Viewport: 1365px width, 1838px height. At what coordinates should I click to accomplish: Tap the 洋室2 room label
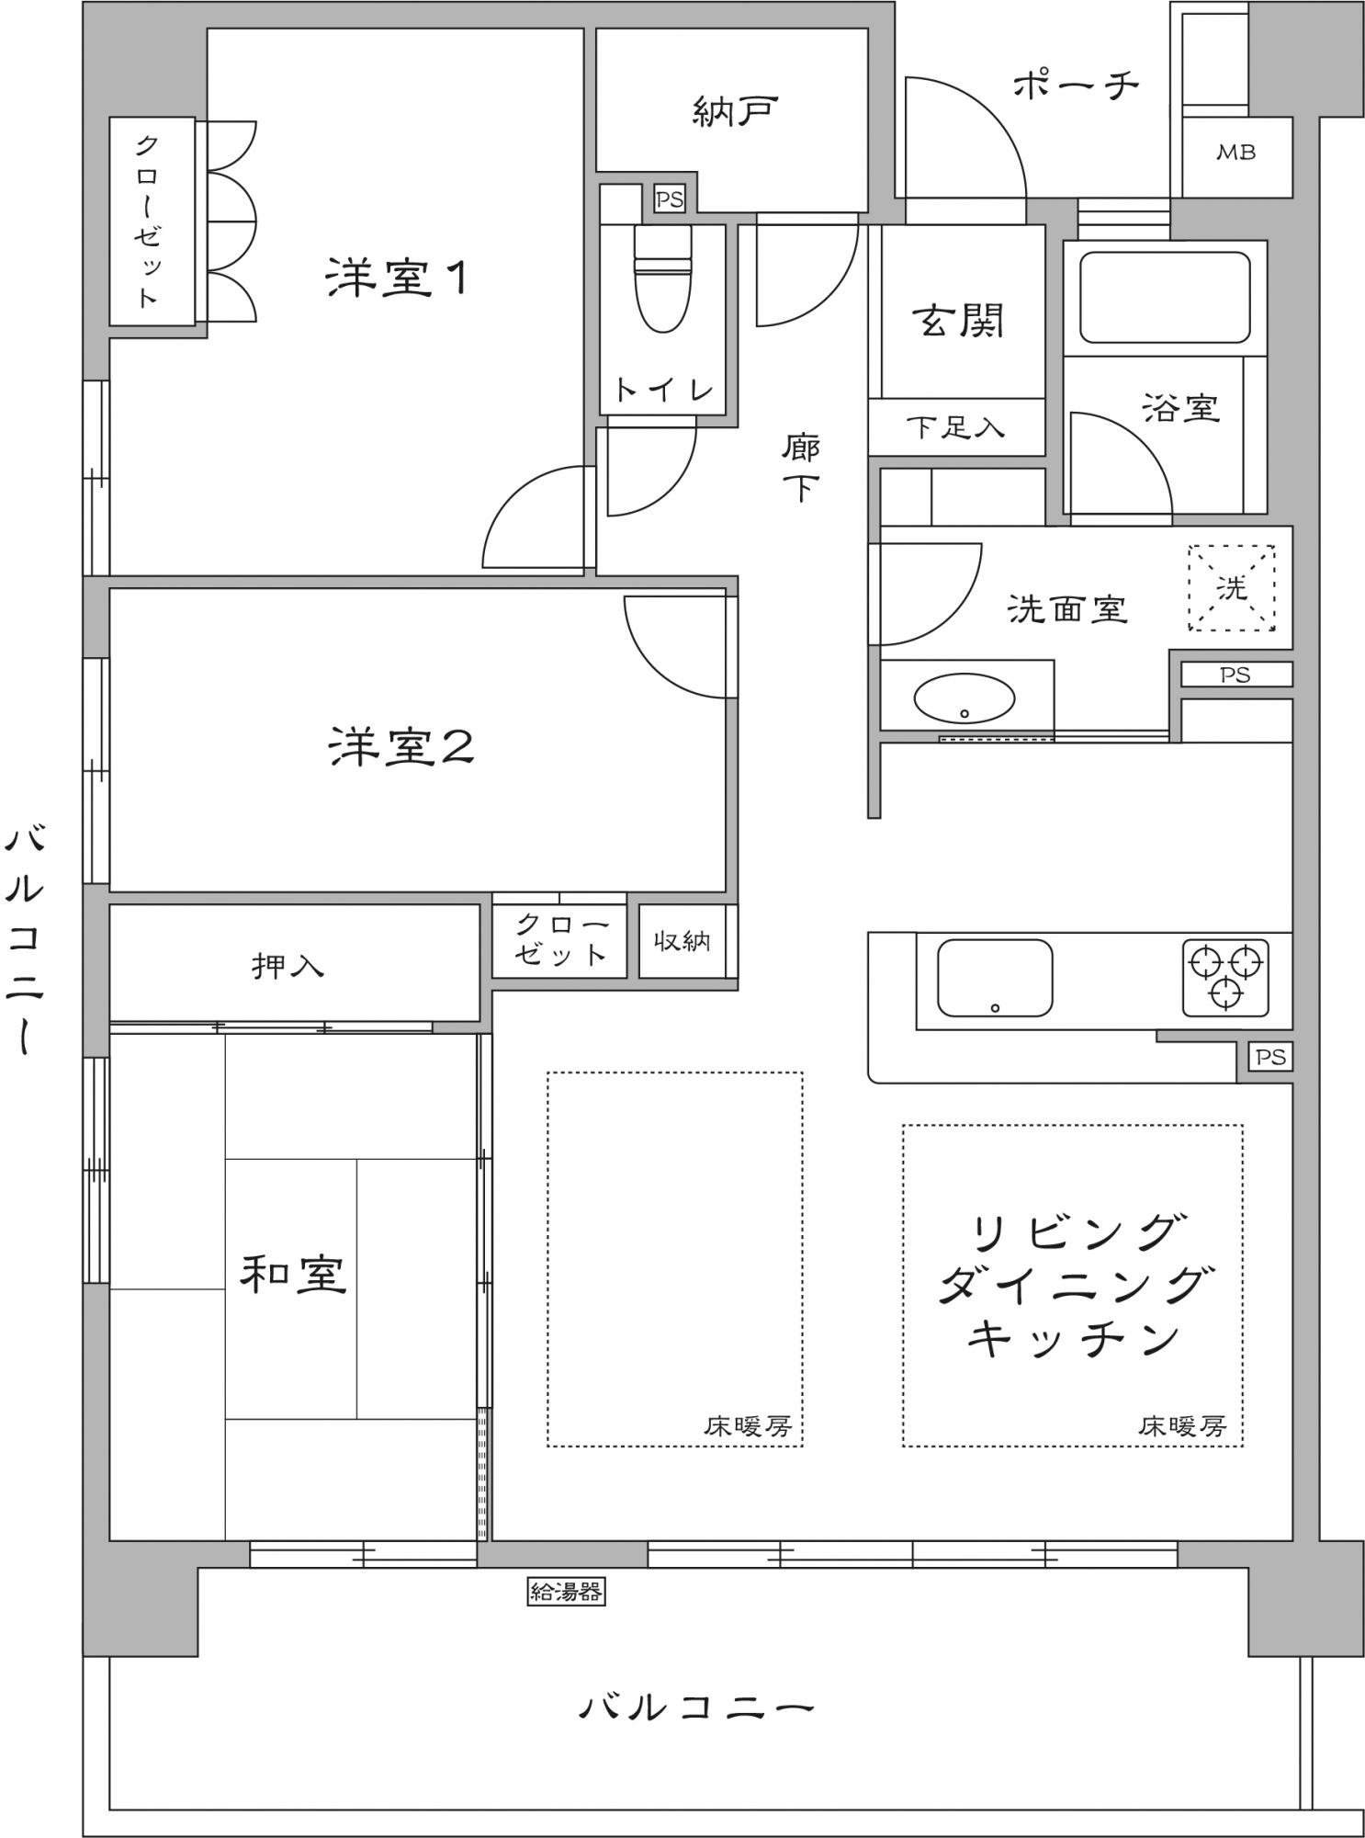click(401, 745)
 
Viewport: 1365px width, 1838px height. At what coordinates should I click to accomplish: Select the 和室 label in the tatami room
click(293, 1274)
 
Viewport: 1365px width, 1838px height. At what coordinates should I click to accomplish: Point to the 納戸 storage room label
click(735, 111)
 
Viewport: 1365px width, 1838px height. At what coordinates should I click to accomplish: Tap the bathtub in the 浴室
click(1164, 298)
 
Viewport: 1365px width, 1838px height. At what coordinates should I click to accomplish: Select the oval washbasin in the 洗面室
click(965, 698)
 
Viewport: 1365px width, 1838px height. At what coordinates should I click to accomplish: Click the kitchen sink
click(995, 978)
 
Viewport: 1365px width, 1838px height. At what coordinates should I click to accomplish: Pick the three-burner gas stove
click(1225, 978)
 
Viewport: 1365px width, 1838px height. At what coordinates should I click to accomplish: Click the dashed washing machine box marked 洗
click(1231, 588)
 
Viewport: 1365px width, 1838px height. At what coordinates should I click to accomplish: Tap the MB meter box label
click(1235, 153)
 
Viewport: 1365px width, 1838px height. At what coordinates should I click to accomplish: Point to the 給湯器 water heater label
click(566, 1591)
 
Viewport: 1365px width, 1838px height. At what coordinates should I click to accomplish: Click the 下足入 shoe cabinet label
click(955, 427)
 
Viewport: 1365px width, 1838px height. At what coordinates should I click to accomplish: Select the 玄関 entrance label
click(958, 320)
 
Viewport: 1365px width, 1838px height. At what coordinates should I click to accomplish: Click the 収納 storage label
click(682, 940)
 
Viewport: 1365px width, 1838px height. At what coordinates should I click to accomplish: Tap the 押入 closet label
click(288, 966)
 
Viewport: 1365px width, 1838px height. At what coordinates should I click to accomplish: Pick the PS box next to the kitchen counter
click(1270, 1057)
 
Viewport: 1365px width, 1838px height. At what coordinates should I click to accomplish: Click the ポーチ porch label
click(1076, 85)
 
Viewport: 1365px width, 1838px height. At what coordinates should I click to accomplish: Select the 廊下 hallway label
click(801, 468)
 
